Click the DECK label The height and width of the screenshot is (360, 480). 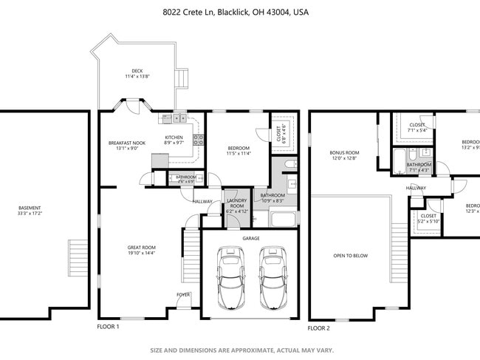click(x=137, y=71)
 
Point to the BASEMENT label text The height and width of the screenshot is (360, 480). click(x=30, y=208)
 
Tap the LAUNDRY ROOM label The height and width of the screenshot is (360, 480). click(x=236, y=203)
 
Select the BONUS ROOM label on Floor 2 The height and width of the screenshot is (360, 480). click(x=343, y=152)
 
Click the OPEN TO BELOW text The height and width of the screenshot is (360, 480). click(x=350, y=256)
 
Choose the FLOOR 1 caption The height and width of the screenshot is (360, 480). click(x=108, y=326)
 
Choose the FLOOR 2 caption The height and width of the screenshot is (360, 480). click(x=319, y=327)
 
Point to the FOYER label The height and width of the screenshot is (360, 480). click(x=182, y=294)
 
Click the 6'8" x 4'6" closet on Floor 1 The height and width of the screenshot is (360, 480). click(x=284, y=132)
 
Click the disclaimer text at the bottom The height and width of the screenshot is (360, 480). click(x=242, y=350)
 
